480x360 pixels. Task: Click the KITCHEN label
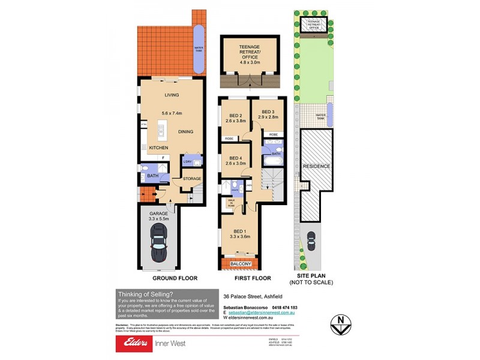pyautogui.click(x=158, y=148)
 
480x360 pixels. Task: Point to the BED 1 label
pyautogui.click(x=239, y=231)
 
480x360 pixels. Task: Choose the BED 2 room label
pyautogui.click(x=235, y=116)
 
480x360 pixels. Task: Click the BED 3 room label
pyautogui.click(x=268, y=112)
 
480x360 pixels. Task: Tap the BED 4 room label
pyautogui.click(x=235, y=158)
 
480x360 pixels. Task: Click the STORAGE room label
pyautogui.click(x=192, y=179)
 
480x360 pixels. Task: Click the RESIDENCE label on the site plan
pyautogui.click(x=316, y=166)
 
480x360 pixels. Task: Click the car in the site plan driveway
pyautogui.click(x=311, y=241)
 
